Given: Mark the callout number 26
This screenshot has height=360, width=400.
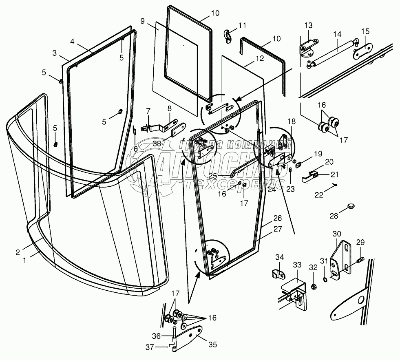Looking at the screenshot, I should pyautogui.click(x=277, y=219).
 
